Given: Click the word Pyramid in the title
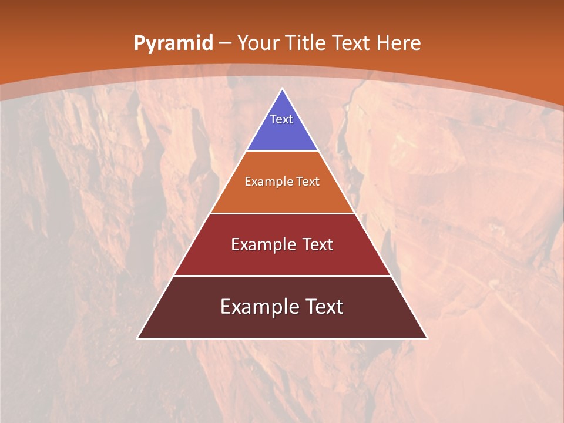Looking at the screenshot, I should pos(173,43).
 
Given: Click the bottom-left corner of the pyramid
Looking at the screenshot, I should pos(137,338).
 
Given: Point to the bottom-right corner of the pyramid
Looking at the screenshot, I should pos(427,338).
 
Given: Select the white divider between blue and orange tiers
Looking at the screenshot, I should pos(282,151).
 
